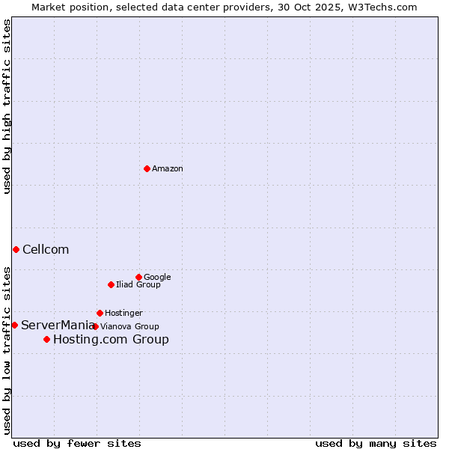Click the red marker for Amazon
pyautogui.click(x=147, y=168)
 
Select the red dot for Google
pyautogui.click(x=138, y=277)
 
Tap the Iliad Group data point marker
pyautogui.click(x=111, y=284)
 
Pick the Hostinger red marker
pyautogui.click(x=100, y=313)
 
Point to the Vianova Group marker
pyautogui.click(x=95, y=326)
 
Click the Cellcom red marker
pyautogui.click(x=16, y=249)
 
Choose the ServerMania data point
pyautogui.click(x=14, y=325)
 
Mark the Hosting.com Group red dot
pyautogui.click(x=46, y=339)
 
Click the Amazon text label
pyautogui.click(x=168, y=169)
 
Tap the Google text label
pyautogui.click(x=157, y=278)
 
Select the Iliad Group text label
pyautogui.click(x=138, y=285)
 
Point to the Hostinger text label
pyautogui.click(x=123, y=314)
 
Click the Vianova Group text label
pyautogui.click(x=129, y=327)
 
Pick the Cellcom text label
pyautogui.click(x=46, y=250)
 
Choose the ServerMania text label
pyautogui.click(x=58, y=326)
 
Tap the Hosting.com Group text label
pyautogui.click(x=111, y=340)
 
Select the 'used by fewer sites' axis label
pyautogui.click(x=77, y=443)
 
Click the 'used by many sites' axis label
pyautogui.click(x=376, y=443)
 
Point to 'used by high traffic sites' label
pyautogui.click(x=7, y=106)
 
